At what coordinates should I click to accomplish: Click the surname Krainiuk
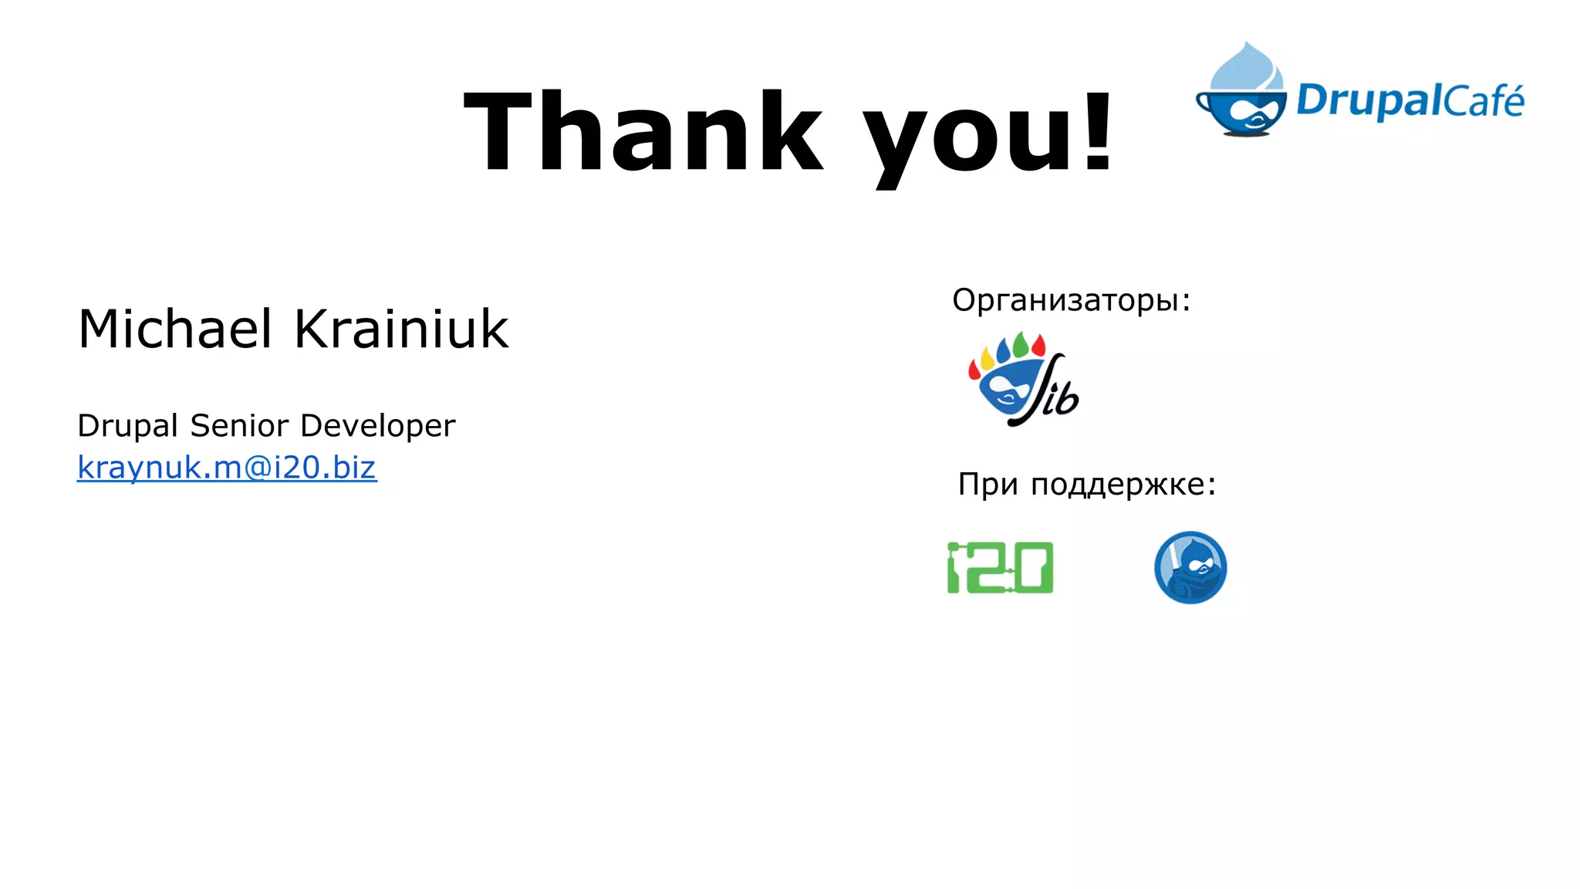point(401,330)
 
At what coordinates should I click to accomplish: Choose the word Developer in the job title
point(377,426)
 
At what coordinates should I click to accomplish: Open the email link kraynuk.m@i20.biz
point(227,468)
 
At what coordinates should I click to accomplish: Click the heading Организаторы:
point(1071,300)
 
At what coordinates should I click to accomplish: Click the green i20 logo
point(1000,568)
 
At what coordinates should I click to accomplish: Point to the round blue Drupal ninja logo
point(1190,567)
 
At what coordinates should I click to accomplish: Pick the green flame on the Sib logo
point(1020,344)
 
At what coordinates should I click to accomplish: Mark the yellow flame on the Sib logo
point(987,358)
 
